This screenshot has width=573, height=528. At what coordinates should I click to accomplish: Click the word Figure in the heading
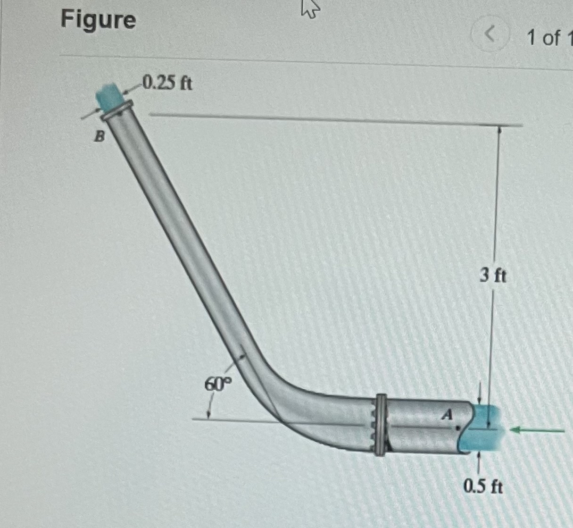[x=98, y=20]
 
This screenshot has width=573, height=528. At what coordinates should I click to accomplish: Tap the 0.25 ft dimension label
[x=167, y=84]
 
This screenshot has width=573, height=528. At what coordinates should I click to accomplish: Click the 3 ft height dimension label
[x=493, y=276]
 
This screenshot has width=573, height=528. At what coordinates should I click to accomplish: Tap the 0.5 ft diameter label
[x=483, y=486]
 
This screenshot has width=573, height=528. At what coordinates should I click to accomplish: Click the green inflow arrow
[x=538, y=430]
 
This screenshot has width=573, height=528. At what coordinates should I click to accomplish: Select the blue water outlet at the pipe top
[x=109, y=96]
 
